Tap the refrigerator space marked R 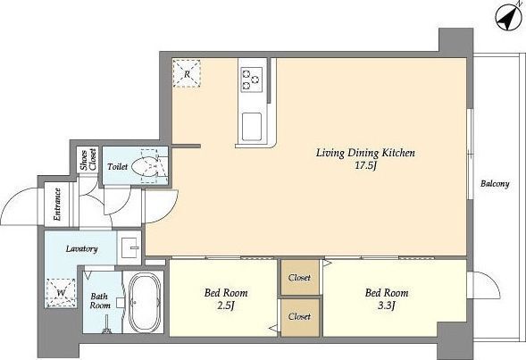click(187, 74)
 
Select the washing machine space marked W click(61, 293)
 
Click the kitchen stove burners click(251, 80)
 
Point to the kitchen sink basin click(252, 127)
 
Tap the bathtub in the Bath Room click(145, 302)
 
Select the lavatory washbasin click(129, 247)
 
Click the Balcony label click(495, 184)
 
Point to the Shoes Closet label click(88, 159)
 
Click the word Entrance click(57, 205)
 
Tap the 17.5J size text click(365, 166)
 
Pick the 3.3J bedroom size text click(387, 306)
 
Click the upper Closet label click(299, 278)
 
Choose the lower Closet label click(299, 316)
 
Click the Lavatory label click(82, 249)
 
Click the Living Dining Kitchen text click(365, 153)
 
